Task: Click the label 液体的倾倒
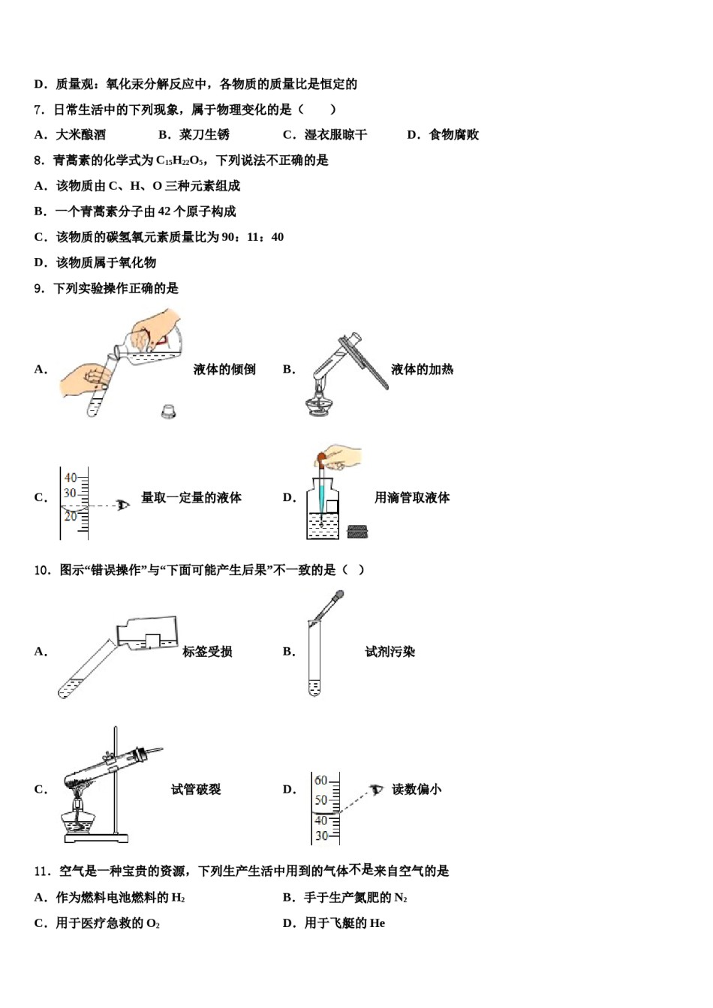click(x=224, y=369)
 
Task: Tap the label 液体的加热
click(x=422, y=369)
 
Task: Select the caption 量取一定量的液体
click(x=191, y=497)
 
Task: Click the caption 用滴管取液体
click(x=412, y=497)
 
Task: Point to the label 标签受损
click(x=207, y=652)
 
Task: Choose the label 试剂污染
click(x=390, y=652)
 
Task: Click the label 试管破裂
click(x=196, y=789)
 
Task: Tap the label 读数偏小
click(x=417, y=789)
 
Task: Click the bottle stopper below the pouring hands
click(x=169, y=410)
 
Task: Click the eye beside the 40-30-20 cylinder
click(x=123, y=505)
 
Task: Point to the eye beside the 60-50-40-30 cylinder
click(x=376, y=790)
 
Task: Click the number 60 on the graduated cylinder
click(x=320, y=781)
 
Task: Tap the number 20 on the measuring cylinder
click(x=70, y=517)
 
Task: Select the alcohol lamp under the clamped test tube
click(x=78, y=817)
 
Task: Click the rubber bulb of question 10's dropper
click(x=338, y=597)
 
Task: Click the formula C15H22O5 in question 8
click(x=179, y=160)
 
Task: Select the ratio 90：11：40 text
click(x=253, y=237)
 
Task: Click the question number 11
click(x=41, y=871)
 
